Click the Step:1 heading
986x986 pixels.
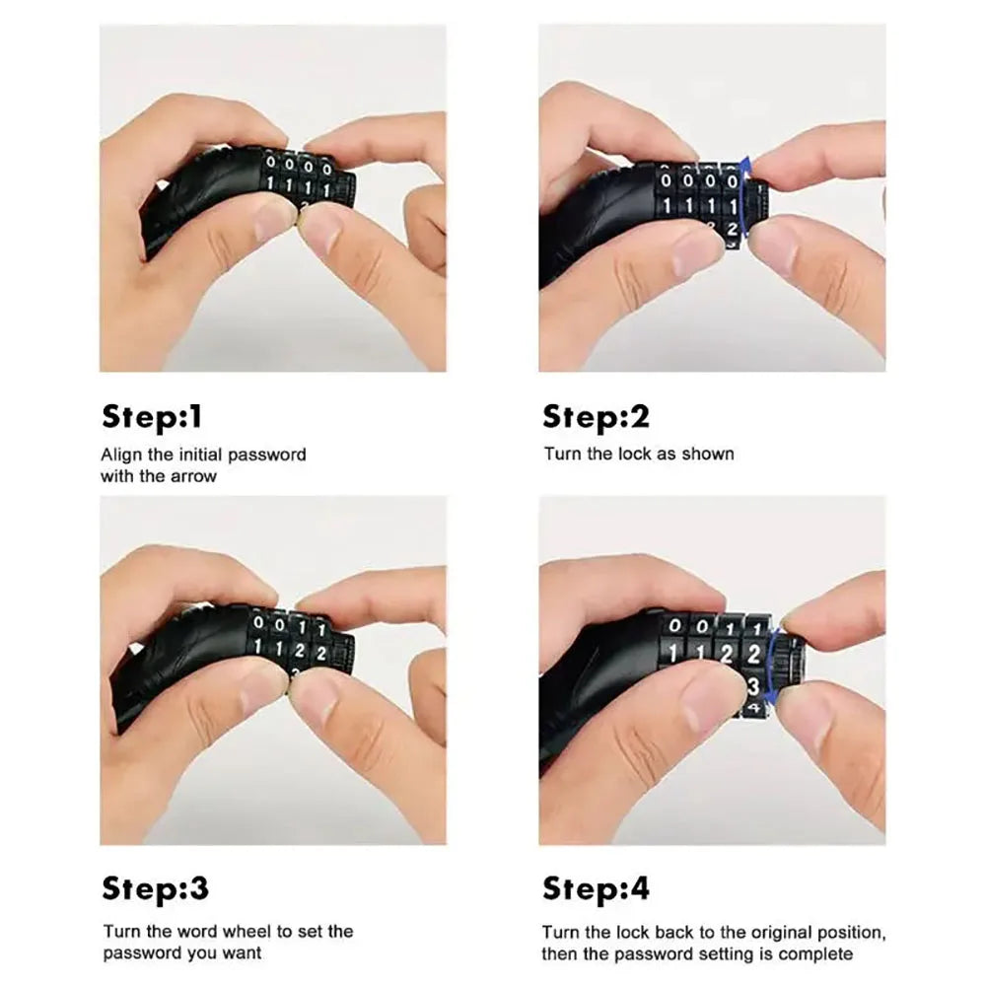pos(152,417)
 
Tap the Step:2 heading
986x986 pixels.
pos(596,417)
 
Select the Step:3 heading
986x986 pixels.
pos(156,888)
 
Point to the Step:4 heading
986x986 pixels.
pos(596,888)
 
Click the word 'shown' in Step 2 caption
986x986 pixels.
pos(710,455)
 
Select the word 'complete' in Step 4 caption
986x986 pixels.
pos(815,953)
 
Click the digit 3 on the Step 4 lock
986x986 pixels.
pos(753,685)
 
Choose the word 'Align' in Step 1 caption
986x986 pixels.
pos(120,455)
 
